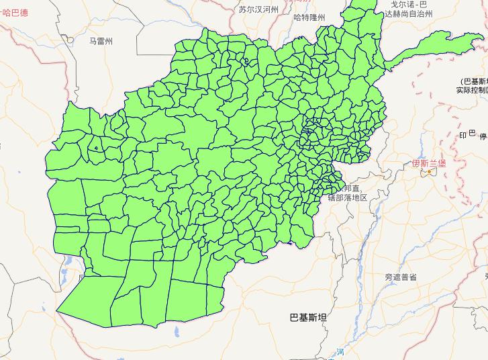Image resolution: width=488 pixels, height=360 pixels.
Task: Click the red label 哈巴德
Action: pos(14,12)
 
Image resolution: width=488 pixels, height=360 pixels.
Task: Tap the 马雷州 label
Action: pos(101,41)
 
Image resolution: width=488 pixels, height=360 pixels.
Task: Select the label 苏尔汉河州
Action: pos(258,9)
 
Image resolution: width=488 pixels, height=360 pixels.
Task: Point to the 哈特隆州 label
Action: pos(309,18)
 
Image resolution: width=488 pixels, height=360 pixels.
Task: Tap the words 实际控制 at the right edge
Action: pos(471,89)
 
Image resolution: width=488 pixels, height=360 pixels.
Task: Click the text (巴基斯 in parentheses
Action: pos(474,81)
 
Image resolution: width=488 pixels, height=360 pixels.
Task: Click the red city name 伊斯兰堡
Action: pos(429,163)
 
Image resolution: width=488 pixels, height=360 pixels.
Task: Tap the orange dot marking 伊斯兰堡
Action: pos(429,172)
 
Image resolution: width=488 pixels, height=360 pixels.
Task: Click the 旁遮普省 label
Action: pos(401,277)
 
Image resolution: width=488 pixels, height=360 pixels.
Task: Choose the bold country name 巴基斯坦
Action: pos(307,317)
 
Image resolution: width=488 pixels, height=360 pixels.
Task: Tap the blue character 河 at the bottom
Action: pos(340,352)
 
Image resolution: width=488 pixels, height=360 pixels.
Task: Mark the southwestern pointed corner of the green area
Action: pos(58,312)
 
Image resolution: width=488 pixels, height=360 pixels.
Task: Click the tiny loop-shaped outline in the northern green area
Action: pos(246,61)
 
